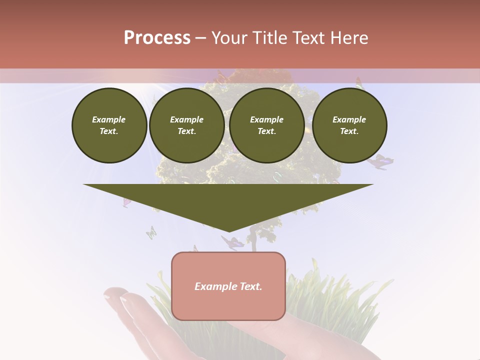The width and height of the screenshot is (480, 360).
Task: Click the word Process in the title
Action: point(157,38)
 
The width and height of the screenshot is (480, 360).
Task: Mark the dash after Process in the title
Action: point(201,38)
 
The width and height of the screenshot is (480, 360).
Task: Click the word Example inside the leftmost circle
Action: point(109,119)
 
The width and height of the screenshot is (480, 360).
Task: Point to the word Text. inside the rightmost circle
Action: point(349,131)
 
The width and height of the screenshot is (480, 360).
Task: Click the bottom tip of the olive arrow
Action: point(229,230)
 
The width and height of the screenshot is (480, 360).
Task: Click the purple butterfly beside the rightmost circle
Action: point(381,161)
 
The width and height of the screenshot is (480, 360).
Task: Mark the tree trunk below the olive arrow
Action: point(253,242)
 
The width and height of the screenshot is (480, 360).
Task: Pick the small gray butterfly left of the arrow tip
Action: point(151,232)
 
